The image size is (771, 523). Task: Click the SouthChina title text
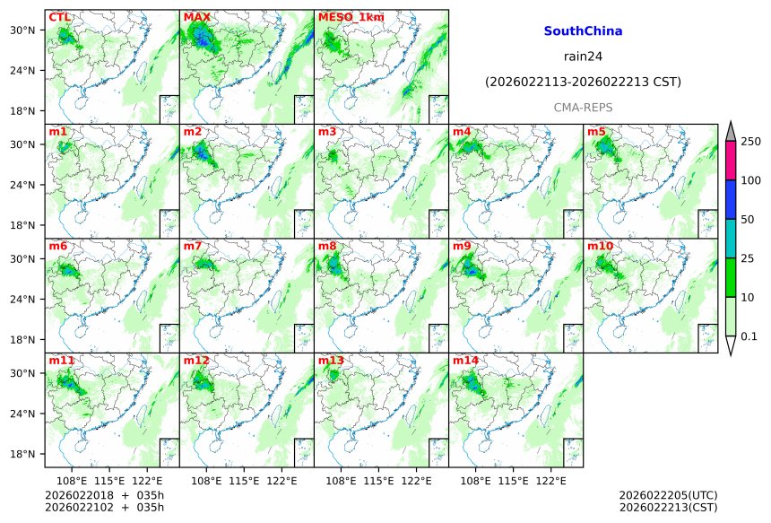pyautogui.click(x=583, y=31)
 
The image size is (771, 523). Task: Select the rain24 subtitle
pyautogui.click(x=583, y=56)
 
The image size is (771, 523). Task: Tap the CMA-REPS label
pyautogui.click(x=583, y=107)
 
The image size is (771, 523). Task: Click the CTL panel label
pyautogui.click(x=59, y=17)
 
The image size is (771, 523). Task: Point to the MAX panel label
pyautogui.click(x=196, y=17)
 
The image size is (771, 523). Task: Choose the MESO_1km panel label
pyautogui.click(x=351, y=17)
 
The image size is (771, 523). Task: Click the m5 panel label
pyautogui.click(x=596, y=132)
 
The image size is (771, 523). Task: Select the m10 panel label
pyautogui.click(x=600, y=246)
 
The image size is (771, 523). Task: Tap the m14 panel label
pyautogui.click(x=465, y=361)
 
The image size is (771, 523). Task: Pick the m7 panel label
pyautogui.click(x=193, y=246)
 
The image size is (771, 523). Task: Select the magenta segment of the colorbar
pyautogui.click(x=730, y=161)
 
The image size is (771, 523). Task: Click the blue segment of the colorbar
pyautogui.click(x=730, y=199)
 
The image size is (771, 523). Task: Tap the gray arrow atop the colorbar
pyautogui.click(x=730, y=131)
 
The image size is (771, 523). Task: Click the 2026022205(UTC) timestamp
pyautogui.click(x=668, y=494)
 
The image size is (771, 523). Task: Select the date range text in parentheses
pyautogui.click(x=583, y=82)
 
